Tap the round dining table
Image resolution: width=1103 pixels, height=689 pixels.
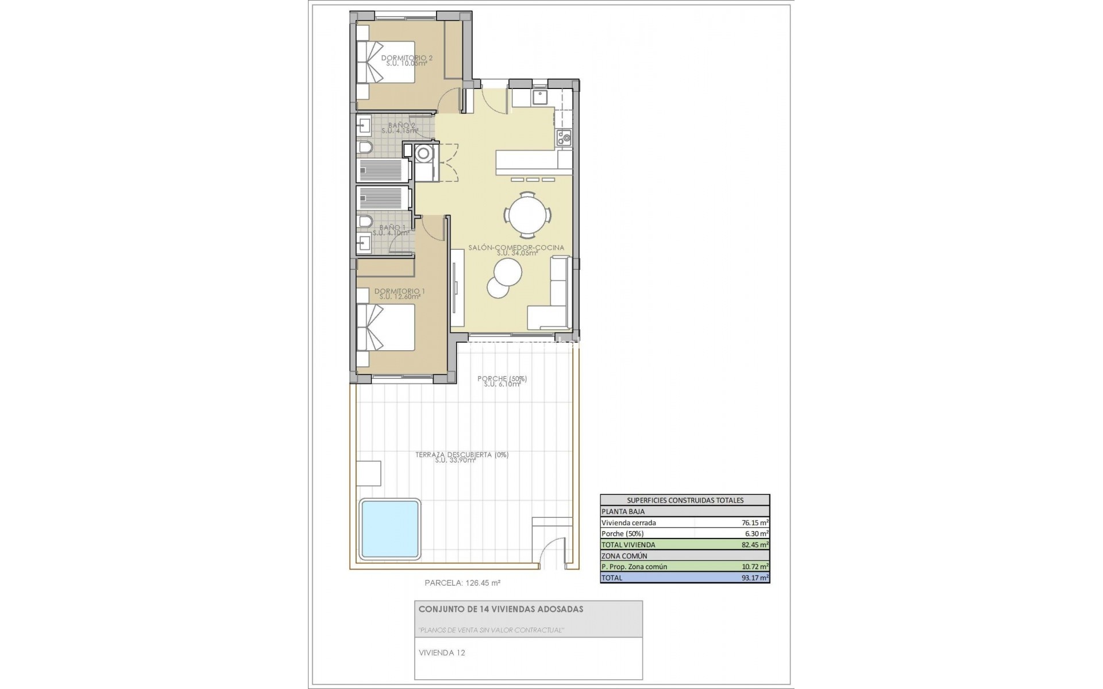coord(528,215)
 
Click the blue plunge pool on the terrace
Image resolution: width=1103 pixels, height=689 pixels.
coord(390,529)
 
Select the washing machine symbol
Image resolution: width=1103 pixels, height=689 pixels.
coord(425,154)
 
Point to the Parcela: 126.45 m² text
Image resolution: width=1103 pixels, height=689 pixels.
coord(462,582)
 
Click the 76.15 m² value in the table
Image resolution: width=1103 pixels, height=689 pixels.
coord(754,522)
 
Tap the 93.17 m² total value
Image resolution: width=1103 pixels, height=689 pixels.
coord(754,578)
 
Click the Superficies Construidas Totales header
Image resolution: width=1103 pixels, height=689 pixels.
coord(684,500)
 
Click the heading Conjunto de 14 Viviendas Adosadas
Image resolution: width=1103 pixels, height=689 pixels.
coord(500,609)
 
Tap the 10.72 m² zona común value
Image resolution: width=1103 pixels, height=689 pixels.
coord(754,567)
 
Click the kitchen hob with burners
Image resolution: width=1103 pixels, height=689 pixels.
coord(563,137)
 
